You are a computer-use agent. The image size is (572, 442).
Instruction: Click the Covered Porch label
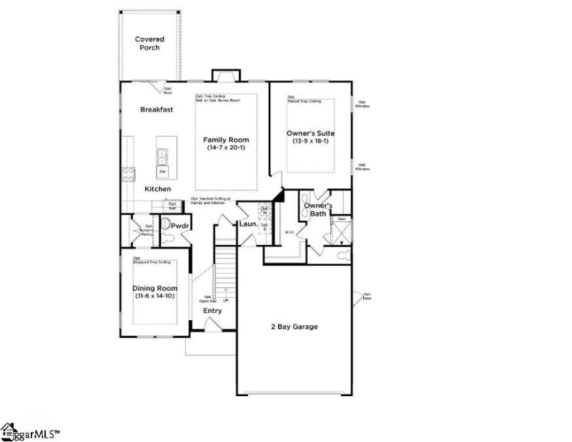(x=149, y=44)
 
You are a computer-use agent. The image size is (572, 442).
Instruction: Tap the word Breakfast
(x=157, y=110)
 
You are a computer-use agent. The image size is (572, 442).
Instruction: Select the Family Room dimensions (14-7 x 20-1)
(x=227, y=148)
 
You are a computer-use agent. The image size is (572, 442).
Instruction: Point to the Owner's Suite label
(x=310, y=133)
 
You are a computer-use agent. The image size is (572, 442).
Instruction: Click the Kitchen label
(x=158, y=188)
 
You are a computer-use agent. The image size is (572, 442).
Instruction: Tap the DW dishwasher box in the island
(x=162, y=171)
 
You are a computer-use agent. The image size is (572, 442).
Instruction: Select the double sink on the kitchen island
(x=162, y=153)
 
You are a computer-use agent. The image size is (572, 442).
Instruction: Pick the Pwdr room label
(x=179, y=226)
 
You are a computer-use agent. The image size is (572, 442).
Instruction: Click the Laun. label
(x=248, y=226)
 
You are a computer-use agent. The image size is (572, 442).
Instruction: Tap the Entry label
(x=212, y=310)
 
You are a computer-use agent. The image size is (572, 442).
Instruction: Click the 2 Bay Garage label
(x=294, y=327)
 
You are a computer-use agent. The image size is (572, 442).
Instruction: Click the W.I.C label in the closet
(x=290, y=232)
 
